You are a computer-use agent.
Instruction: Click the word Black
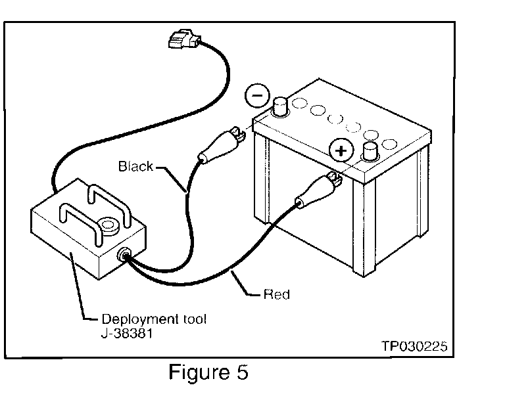tap(135, 166)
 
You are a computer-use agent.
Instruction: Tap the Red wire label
tap(277, 294)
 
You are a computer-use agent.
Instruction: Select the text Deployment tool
tap(154, 319)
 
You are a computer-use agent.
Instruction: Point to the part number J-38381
tap(126, 334)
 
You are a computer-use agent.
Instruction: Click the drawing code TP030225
tap(414, 346)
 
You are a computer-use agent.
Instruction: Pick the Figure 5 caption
tap(208, 372)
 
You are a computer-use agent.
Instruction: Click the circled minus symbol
tap(257, 95)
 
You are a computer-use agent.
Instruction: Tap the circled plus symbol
tap(341, 150)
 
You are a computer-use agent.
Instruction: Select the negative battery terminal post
tap(280, 107)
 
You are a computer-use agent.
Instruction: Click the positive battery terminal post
tap(370, 152)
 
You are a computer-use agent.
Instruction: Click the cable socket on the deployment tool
tap(124, 254)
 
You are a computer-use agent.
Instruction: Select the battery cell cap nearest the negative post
tap(300, 103)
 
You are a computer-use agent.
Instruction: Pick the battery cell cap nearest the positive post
tap(389, 144)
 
